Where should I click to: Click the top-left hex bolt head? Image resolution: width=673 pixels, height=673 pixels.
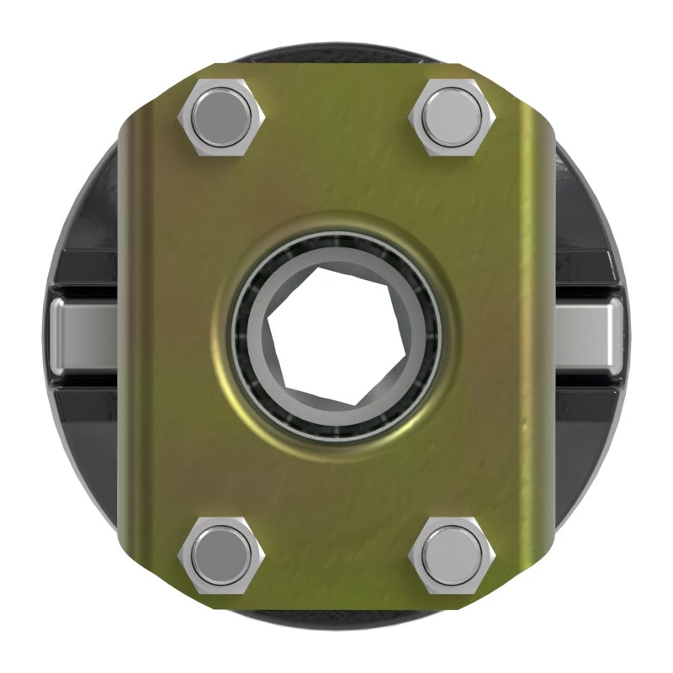click(220, 119)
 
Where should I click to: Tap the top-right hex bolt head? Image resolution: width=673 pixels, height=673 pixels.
click(453, 118)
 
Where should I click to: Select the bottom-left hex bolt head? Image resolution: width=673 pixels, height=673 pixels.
click(221, 556)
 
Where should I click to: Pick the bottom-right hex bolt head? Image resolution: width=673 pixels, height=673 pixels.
click(453, 556)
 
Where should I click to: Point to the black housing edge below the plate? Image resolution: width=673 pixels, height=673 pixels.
click(336, 620)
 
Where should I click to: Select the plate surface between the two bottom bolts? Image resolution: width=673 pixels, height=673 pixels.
click(336, 555)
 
